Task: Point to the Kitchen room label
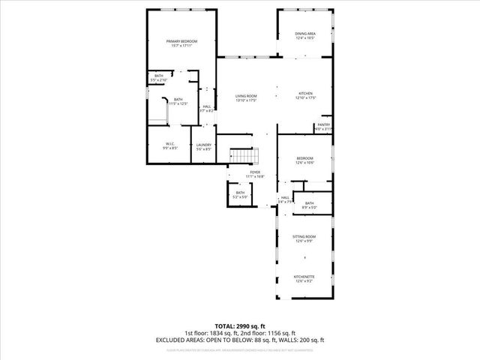pos(305,94)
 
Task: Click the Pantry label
pos(323,125)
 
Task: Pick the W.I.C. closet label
pos(170,145)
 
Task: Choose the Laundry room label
pos(203,145)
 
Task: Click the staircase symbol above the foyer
pos(244,155)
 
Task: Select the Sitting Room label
pos(304,237)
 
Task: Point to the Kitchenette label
pos(304,277)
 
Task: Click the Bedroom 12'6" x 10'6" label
pos(304,158)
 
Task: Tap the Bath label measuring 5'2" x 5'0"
pos(240,193)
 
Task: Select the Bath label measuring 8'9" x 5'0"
pos(309,204)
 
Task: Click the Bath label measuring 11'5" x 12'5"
pos(178,100)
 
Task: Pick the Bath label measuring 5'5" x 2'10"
pos(159,76)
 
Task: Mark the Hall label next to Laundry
pos(207,107)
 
